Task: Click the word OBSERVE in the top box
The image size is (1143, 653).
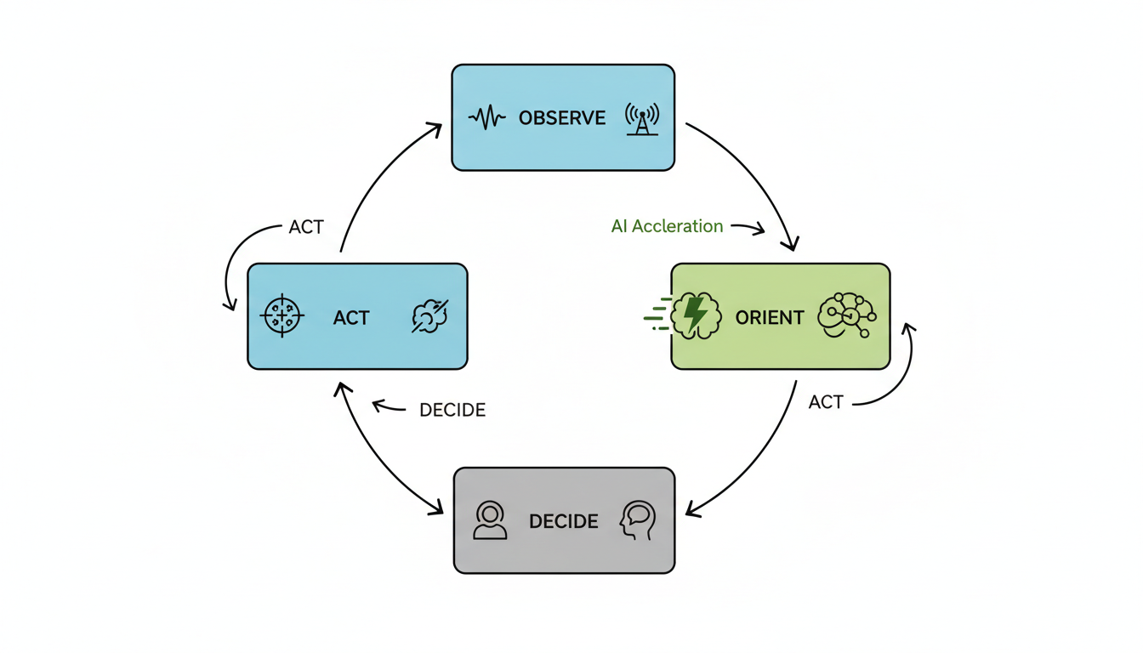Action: click(562, 118)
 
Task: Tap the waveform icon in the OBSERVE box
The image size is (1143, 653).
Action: click(487, 117)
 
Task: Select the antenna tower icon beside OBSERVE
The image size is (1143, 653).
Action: click(642, 119)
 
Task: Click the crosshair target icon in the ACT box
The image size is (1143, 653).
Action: click(282, 317)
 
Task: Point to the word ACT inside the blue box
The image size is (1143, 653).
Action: click(351, 318)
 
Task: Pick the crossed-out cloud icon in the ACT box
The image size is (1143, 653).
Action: click(429, 316)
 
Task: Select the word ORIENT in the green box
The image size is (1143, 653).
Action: click(769, 318)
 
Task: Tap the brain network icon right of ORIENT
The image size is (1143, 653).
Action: click(845, 315)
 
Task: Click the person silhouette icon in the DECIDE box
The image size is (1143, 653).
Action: click(491, 520)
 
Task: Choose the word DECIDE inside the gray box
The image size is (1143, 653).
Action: click(563, 521)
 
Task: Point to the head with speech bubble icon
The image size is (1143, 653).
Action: click(638, 520)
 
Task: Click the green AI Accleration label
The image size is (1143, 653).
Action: click(667, 227)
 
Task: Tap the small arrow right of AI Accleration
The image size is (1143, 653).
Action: click(748, 228)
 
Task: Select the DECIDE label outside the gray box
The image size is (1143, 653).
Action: click(452, 411)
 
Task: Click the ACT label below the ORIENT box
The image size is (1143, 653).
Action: click(826, 402)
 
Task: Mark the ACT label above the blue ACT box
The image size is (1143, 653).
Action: click(306, 228)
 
